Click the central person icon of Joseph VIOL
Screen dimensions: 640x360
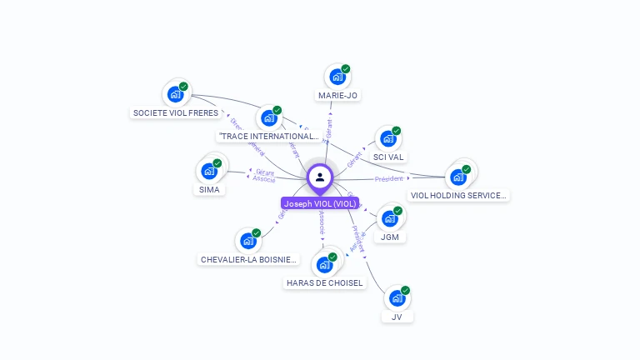[x=320, y=177]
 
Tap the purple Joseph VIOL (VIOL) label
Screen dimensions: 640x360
[x=320, y=203]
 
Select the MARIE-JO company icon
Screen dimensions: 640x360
[x=337, y=77]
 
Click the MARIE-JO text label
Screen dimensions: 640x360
[x=337, y=96]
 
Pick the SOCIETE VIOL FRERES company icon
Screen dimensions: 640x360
[x=175, y=93]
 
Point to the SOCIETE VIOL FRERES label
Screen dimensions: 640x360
[x=176, y=112]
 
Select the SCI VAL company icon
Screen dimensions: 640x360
[x=387, y=138]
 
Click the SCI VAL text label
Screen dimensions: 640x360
[x=388, y=157]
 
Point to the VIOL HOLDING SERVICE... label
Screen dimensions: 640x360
[x=458, y=196]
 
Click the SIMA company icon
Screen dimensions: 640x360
[x=209, y=171]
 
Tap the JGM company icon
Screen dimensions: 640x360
[x=389, y=218]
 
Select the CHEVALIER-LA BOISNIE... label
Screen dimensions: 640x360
[x=248, y=259]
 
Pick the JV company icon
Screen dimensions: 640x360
[x=397, y=297]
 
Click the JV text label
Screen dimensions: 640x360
[x=397, y=317]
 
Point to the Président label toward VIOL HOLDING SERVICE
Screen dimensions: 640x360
[x=388, y=178]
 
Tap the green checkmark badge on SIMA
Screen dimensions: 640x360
[x=217, y=162]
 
